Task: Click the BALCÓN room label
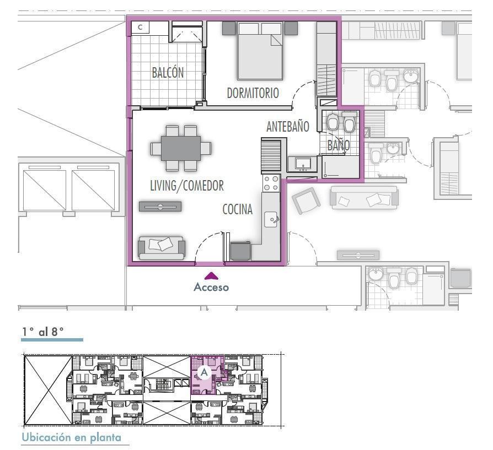coord(168,73)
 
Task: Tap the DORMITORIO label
coord(253,93)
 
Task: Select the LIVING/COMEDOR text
coord(187,186)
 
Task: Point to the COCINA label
coord(237,209)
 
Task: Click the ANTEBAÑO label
coord(288,127)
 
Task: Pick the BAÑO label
coord(338,145)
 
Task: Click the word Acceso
coord(211,287)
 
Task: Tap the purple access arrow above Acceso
coord(211,276)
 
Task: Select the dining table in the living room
coord(181,148)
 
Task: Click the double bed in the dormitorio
coord(260,51)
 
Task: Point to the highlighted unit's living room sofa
coord(161,248)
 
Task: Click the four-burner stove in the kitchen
coord(271,183)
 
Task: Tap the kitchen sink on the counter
coord(271,219)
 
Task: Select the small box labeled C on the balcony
coord(140,28)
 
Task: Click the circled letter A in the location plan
coord(205,372)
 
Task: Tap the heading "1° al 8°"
coord(43,331)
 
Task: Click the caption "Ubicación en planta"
coord(71,437)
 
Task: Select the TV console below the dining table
coord(160,207)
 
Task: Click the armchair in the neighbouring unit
coord(306,200)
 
